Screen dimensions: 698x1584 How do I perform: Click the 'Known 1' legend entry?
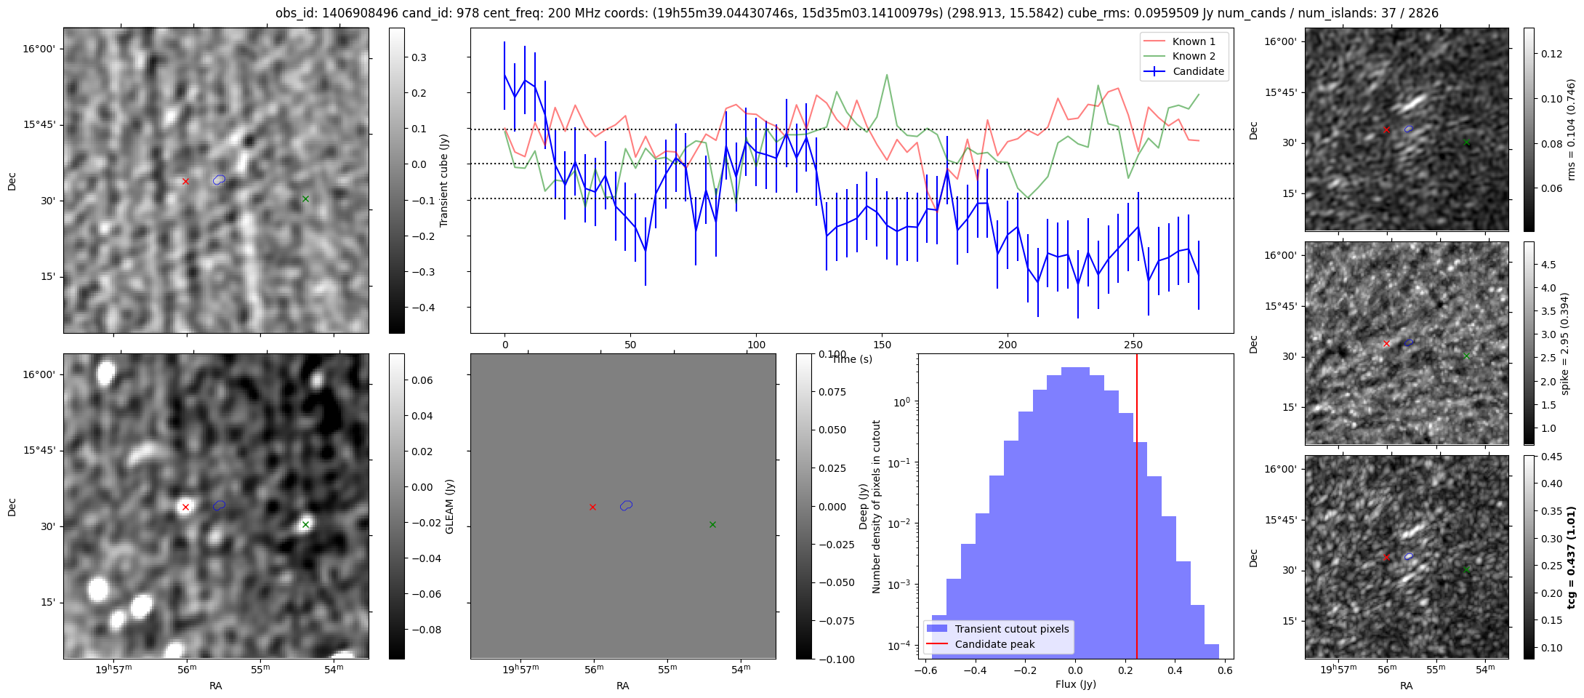(x=1194, y=41)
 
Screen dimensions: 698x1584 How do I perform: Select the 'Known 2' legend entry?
(x=1194, y=56)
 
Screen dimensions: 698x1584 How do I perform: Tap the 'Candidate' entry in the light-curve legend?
(x=1198, y=71)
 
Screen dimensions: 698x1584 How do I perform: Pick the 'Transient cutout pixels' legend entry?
(x=1011, y=629)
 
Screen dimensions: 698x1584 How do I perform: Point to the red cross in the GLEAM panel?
(x=185, y=508)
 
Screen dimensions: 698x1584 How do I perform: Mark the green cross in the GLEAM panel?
(x=305, y=524)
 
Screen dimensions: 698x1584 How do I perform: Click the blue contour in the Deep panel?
(x=626, y=505)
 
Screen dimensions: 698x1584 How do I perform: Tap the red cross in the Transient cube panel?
(x=185, y=181)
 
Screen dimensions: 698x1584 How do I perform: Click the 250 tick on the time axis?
(x=1133, y=345)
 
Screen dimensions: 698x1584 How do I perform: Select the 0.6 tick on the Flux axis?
(x=1225, y=670)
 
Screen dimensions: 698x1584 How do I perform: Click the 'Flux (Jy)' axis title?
(x=1075, y=684)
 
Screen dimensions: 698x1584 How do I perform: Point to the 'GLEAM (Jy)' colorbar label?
(x=449, y=507)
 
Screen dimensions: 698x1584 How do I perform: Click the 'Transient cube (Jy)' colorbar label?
(x=443, y=180)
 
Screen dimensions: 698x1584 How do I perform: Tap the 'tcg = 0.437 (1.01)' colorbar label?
(x=1571, y=558)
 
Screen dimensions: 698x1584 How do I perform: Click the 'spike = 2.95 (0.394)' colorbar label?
(x=1565, y=344)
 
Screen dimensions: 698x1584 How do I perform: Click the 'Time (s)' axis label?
(x=852, y=359)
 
